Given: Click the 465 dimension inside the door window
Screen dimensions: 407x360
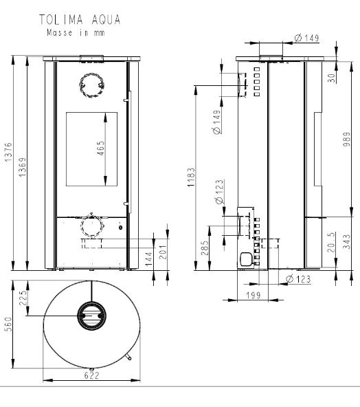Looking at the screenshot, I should tap(100, 150).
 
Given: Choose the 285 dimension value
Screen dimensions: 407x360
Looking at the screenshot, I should tap(204, 247).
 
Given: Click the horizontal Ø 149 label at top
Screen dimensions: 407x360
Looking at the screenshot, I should tap(306, 38).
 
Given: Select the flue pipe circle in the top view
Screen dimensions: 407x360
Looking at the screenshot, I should tap(90, 316).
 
